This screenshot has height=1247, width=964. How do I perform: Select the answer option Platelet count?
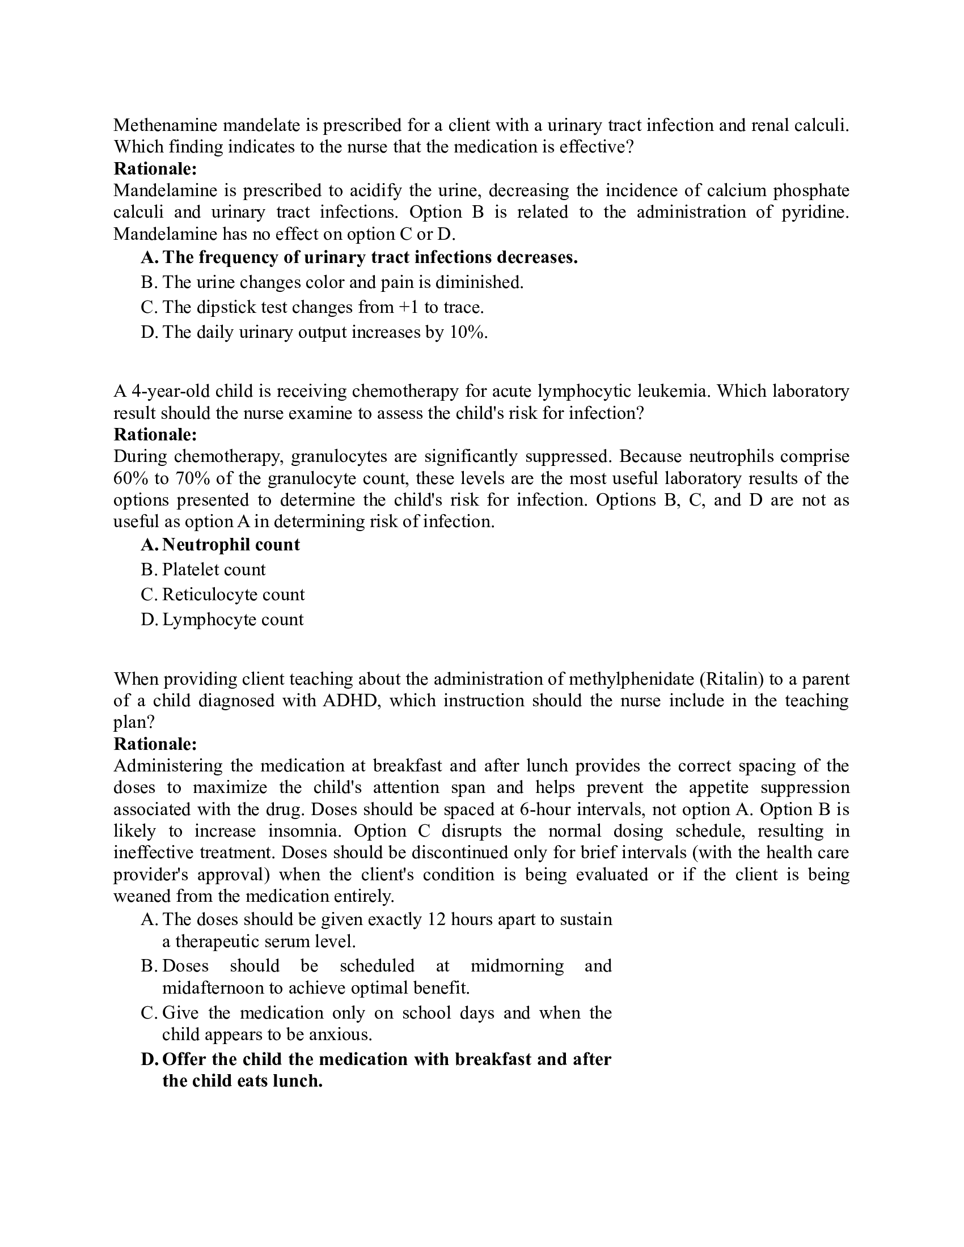point(214,570)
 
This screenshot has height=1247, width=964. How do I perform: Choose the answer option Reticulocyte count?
point(233,595)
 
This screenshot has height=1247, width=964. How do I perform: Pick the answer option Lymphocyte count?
point(232,620)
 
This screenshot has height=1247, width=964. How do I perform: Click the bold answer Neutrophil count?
point(231,545)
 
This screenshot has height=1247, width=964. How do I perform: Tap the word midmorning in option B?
point(517,965)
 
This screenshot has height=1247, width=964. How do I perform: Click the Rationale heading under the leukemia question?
point(155,435)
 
